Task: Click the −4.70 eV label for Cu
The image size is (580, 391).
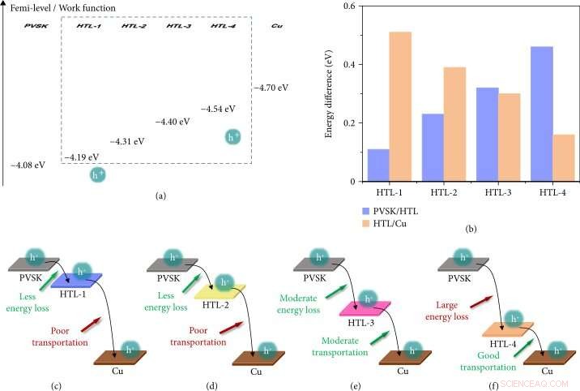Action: [271, 84]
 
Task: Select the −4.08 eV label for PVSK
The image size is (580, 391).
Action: [28, 165]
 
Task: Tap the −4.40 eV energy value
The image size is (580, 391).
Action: [172, 122]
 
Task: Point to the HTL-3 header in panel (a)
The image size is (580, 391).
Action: [178, 27]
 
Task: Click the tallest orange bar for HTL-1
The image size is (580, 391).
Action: [400, 106]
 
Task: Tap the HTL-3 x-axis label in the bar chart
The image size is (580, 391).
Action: [488, 194]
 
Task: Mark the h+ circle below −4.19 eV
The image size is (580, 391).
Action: [98, 174]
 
